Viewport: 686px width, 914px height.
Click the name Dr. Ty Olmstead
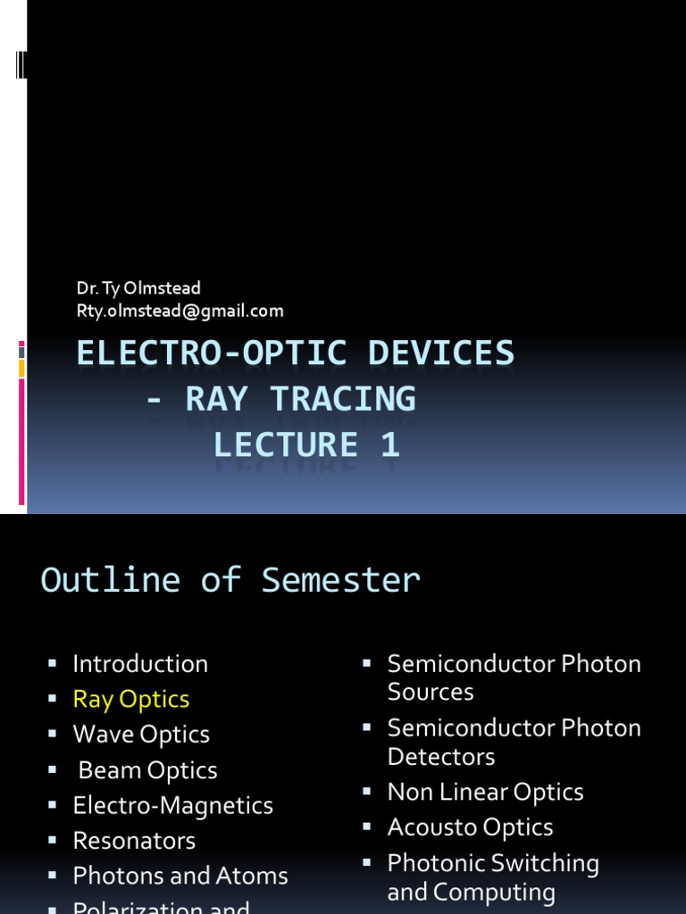coord(138,288)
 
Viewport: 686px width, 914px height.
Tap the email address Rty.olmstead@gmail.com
coord(180,311)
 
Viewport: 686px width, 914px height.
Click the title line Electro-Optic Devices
coord(296,353)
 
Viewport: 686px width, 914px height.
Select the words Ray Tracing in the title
coord(300,399)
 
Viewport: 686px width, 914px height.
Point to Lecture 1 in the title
coord(306,445)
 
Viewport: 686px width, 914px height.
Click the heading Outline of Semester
coord(230,580)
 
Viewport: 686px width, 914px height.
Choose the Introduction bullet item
coord(140,664)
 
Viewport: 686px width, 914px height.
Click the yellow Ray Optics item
coord(131,699)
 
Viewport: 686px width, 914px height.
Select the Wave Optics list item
coord(141,735)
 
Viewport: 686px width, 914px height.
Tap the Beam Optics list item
coord(147,770)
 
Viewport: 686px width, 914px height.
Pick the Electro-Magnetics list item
coord(173,805)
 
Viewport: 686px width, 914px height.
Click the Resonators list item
coord(134,841)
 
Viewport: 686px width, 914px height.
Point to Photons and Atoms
coord(180,877)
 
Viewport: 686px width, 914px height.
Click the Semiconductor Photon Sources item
coord(514,677)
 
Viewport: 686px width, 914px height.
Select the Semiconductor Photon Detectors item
coord(514,742)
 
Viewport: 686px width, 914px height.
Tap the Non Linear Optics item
coord(485,793)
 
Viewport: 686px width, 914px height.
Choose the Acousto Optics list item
coord(470,827)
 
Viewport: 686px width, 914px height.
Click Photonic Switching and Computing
coord(493,877)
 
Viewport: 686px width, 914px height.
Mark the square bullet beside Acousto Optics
coord(366,827)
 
